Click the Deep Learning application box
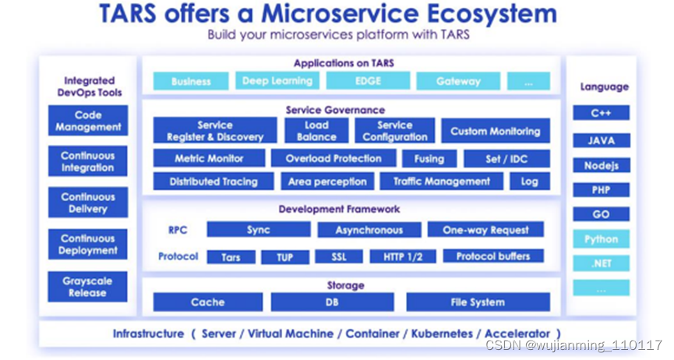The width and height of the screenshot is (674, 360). click(277, 81)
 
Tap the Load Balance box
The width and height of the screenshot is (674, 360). click(316, 130)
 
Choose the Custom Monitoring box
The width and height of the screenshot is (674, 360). click(495, 131)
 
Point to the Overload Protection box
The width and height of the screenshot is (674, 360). click(333, 158)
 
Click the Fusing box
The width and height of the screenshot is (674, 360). click(429, 158)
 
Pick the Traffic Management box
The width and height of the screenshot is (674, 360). click(441, 182)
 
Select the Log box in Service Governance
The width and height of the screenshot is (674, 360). click(529, 182)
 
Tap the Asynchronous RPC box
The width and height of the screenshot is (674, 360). click(369, 230)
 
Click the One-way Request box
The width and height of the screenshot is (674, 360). click(485, 230)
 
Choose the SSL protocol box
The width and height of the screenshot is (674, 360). click(338, 256)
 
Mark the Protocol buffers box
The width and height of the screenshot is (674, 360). click(492, 256)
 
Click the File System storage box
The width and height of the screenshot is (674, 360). click(477, 302)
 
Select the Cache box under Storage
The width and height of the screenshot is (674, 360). click(207, 302)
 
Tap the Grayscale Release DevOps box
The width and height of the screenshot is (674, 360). click(87, 287)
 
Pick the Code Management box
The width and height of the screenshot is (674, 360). click(87, 121)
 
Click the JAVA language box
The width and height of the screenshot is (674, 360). click(601, 141)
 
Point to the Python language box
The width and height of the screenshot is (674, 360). click(601, 239)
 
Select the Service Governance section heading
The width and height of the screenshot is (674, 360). click(335, 110)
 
